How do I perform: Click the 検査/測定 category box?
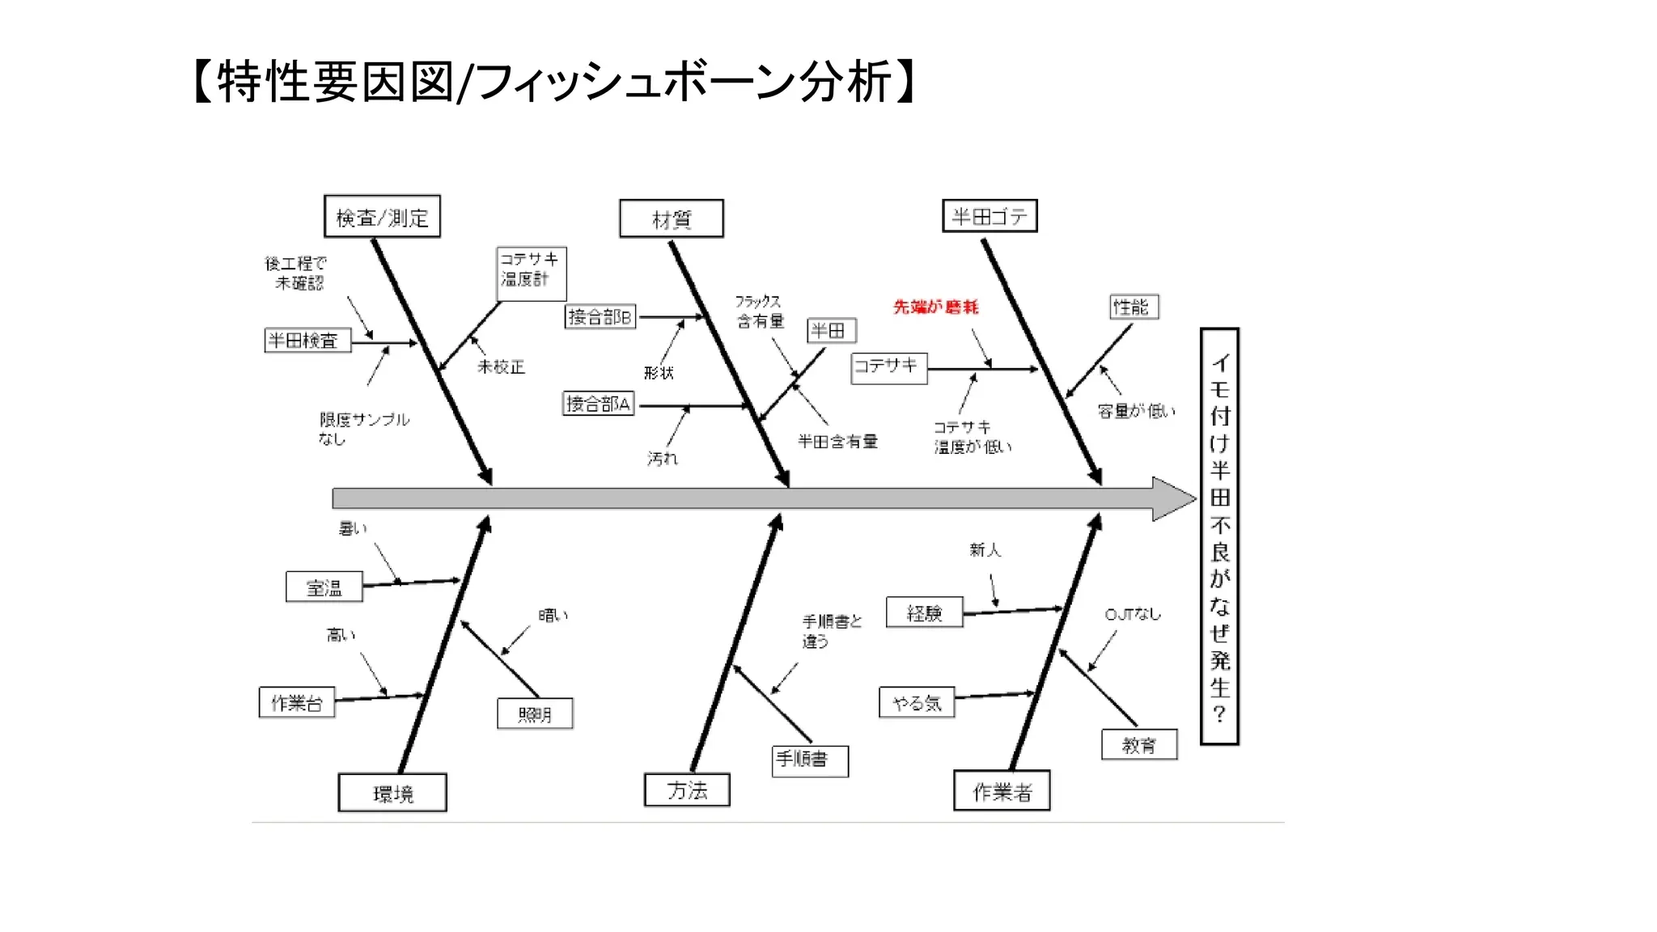(382, 217)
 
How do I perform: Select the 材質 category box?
(671, 218)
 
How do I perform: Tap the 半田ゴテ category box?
(990, 216)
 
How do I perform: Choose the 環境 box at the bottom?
(392, 793)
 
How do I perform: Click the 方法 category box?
(687, 790)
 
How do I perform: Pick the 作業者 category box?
(1002, 791)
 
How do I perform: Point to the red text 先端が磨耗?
(935, 307)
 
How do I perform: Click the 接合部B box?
(600, 316)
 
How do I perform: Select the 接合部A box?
(598, 403)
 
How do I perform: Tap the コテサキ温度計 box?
(531, 273)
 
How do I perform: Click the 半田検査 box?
(307, 341)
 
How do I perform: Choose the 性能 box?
(1134, 307)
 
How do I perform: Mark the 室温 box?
(324, 587)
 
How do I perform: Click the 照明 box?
(535, 714)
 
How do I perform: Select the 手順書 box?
(810, 760)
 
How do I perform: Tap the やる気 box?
(917, 702)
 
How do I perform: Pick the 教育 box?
(1139, 745)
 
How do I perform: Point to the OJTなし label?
(1133, 614)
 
